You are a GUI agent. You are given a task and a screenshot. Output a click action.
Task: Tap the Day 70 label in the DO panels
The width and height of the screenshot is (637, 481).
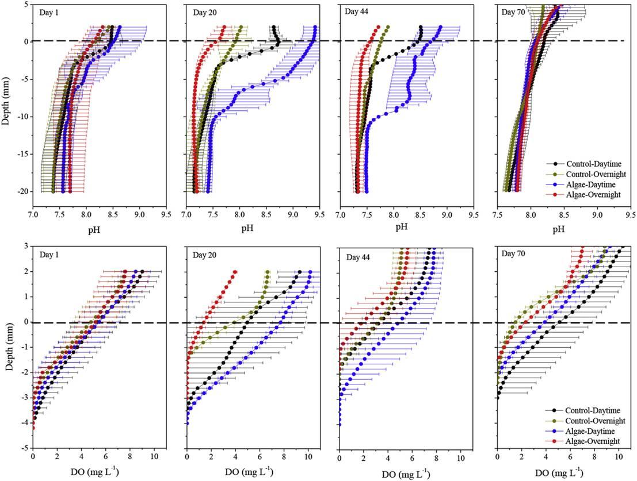tap(514, 253)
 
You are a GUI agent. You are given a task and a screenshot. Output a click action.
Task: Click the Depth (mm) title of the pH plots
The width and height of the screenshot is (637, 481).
tap(7, 103)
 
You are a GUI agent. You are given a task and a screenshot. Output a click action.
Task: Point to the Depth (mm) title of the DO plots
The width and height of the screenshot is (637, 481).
tap(7, 345)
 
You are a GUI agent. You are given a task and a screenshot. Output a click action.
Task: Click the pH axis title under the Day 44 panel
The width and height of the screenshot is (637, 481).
tap(401, 226)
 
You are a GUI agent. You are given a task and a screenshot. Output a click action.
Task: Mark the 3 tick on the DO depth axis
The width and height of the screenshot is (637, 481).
tap(25, 246)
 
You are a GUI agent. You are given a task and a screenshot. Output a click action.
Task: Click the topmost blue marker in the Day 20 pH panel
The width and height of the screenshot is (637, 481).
tap(315, 27)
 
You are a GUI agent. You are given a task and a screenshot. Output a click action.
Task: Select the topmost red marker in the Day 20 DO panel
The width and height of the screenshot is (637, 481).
tap(235, 272)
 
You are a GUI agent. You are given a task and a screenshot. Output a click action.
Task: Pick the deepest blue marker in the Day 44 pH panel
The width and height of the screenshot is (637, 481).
tap(367, 191)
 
